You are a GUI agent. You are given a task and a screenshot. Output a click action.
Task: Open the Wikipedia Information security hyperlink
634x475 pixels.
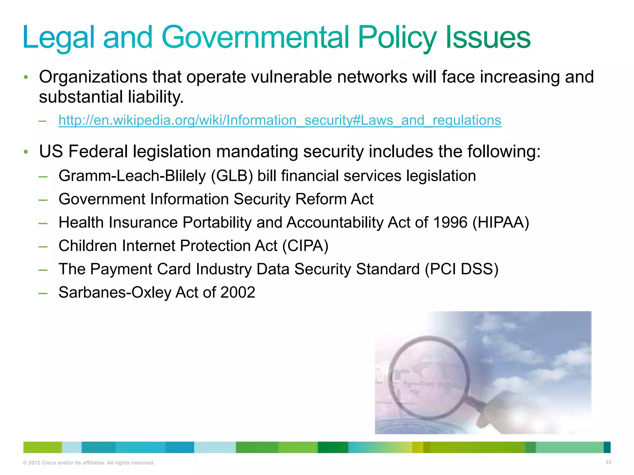click(280, 120)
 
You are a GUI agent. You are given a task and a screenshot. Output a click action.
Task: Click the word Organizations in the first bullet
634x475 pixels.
click(93, 77)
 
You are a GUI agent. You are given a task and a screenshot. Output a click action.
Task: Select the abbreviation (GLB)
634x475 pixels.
click(232, 176)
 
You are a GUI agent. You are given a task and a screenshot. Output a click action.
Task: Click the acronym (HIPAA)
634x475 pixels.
click(501, 222)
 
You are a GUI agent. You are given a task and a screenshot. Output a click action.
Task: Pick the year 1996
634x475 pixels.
click(450, 222)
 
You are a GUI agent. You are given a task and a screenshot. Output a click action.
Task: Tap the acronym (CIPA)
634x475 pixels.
click(305, 246)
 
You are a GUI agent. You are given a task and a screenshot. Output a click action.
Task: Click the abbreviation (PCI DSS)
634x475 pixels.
click(461, 269)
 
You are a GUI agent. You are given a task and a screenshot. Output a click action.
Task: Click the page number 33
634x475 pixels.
click(608, 462)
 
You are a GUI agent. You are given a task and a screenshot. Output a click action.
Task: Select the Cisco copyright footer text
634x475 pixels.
click(89, 463)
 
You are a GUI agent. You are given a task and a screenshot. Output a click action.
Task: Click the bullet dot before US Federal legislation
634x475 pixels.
click(26, 152)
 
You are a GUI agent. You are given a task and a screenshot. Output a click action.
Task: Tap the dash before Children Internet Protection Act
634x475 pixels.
click(43, 246)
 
